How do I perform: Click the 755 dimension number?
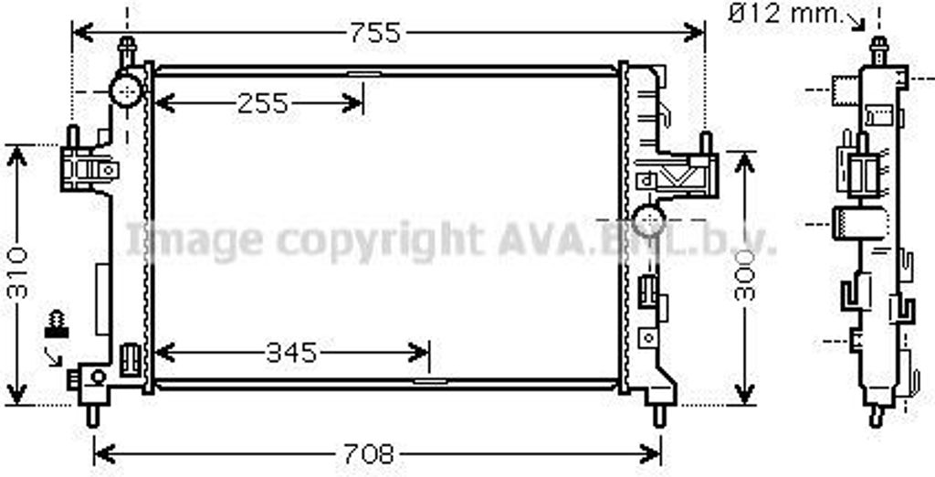tap(375, 33)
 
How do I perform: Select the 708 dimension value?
tap(369, 455)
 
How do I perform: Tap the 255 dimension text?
tap(262, 104)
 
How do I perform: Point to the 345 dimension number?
tap(291, 354)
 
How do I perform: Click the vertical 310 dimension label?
tap(18, 273)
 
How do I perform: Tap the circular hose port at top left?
tap(126, 91)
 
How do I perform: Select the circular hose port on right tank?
tap(648, 220)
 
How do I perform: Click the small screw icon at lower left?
tap(57, 324)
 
